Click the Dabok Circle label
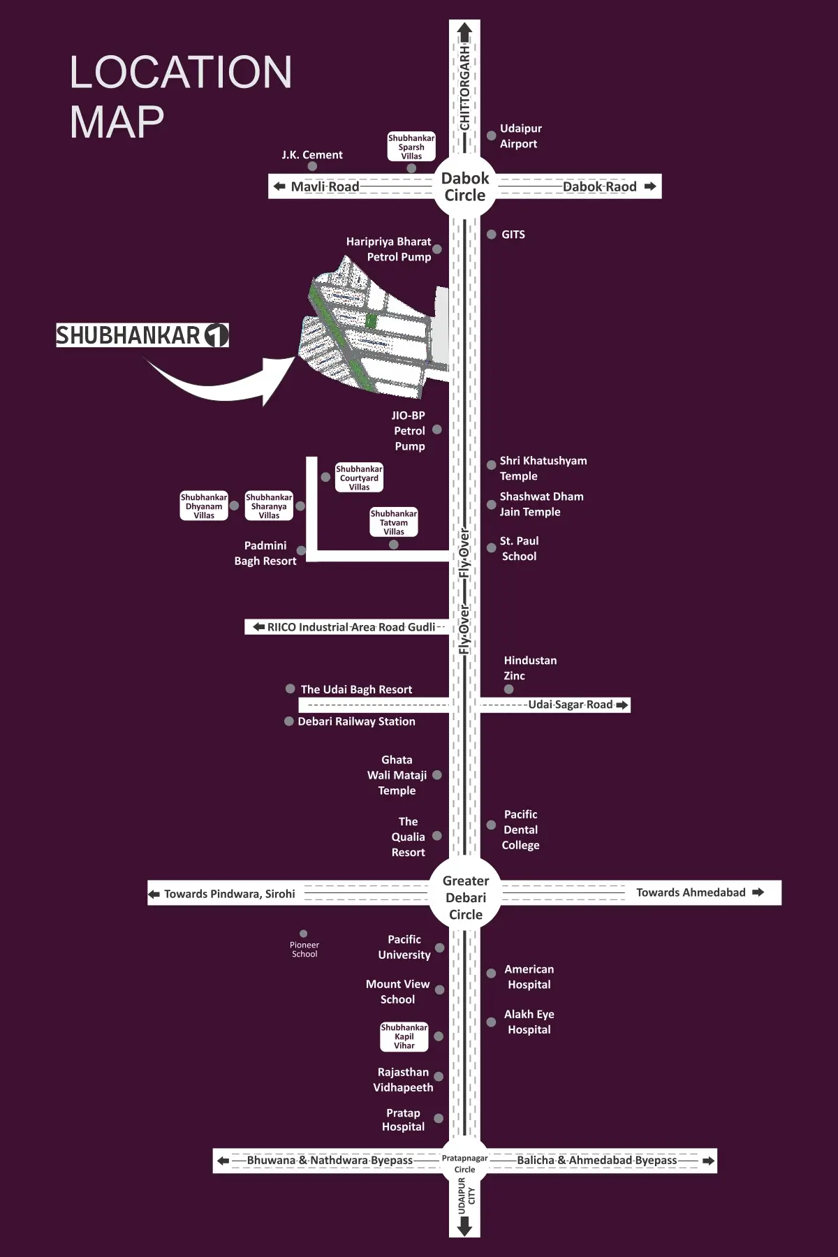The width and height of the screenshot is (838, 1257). point(465,186)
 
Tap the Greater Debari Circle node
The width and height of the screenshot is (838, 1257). point(465,897)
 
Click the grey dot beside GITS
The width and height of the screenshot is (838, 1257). point(492,235)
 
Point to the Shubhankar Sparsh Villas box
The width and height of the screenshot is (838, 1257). point(411,147)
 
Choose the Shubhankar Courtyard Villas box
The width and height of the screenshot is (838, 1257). point(359,478)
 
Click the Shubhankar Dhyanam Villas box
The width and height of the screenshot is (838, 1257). point(204,506)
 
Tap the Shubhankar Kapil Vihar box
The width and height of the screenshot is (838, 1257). point(404,1036)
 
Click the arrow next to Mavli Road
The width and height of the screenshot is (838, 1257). point(279,186)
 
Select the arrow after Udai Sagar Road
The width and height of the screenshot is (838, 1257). point(622,705)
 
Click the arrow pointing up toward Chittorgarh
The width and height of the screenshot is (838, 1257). point(465,31)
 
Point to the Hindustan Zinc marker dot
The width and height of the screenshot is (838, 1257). point(509,689)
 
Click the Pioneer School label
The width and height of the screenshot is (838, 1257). point(304,950)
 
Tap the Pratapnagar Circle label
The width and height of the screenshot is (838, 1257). point(464,1163)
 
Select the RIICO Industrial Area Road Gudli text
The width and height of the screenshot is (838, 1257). point(351,627)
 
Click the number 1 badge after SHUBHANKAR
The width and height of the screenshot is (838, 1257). point(216,335)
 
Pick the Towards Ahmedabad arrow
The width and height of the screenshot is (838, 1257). point(758,892)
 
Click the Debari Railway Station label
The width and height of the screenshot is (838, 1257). point(356,721)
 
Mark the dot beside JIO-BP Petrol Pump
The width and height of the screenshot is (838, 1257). point(437,429)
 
